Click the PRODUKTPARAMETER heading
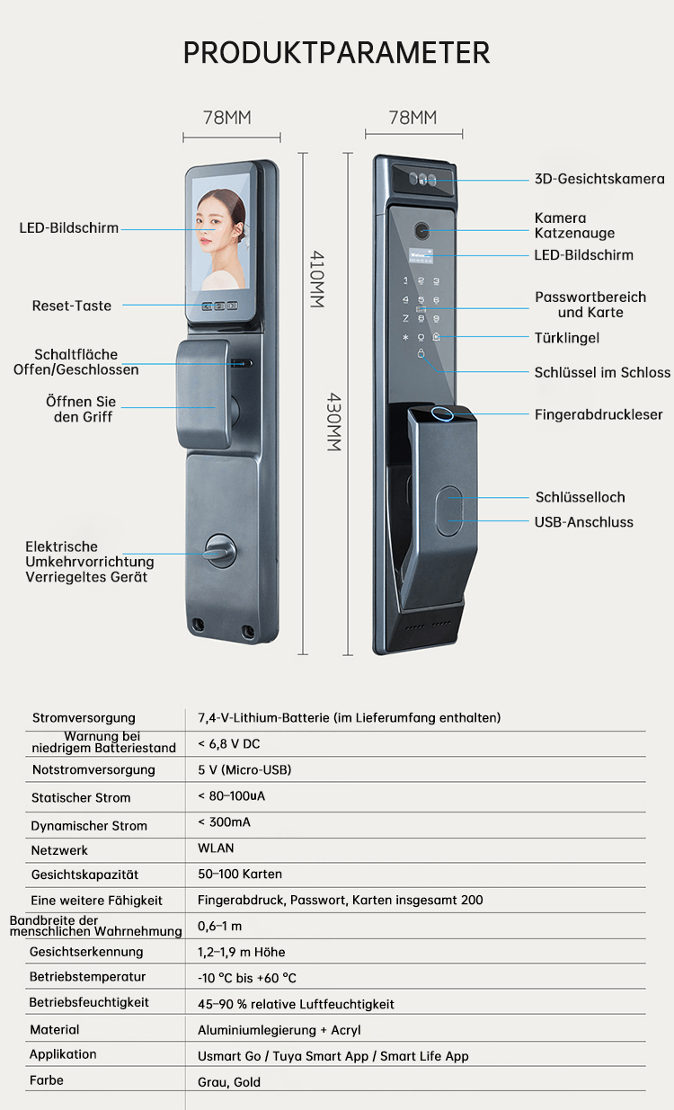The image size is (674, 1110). (336, 52)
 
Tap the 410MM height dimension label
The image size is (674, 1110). (316, 280)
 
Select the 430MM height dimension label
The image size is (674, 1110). (333, 422)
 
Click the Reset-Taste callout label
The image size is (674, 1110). (72, 306)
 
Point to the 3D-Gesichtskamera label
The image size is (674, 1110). (599, 179)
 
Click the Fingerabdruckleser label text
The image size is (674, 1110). (599, 415)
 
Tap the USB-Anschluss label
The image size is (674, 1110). (583, 522)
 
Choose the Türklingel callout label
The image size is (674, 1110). (566, 338)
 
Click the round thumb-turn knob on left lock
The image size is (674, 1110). (218, 549)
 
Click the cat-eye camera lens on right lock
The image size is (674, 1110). (422, 230)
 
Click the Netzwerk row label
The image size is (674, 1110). (59, 849)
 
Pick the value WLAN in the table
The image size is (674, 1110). (216, 848)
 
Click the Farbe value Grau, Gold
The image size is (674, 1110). (229, 1082)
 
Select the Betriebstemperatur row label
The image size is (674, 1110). (87, 976)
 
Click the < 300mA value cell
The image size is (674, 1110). (224, 822)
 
